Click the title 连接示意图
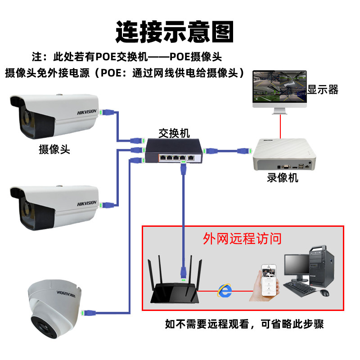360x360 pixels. (175, 32)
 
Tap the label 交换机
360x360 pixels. (174, 133)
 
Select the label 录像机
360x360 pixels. (282, 177)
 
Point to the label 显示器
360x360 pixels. (323, 89)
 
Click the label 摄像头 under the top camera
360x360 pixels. (54, 149)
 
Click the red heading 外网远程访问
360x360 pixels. (242, 238)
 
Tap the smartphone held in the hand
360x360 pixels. (269, 280)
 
